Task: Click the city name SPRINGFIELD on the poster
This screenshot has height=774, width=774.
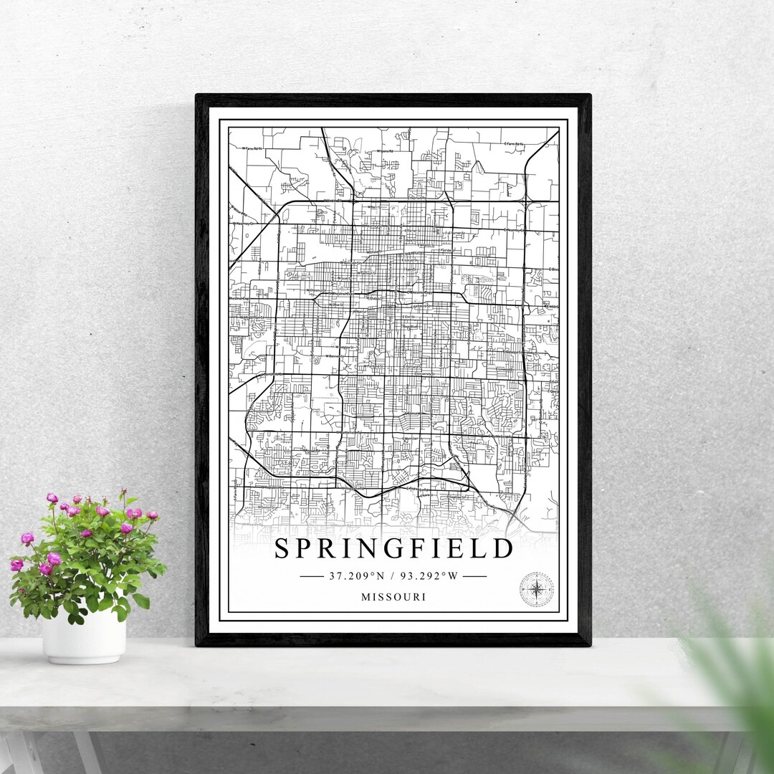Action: pos(393,549)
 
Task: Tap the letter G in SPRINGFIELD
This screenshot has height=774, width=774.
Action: pos(394,549)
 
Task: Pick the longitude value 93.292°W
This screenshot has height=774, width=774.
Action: pos(428,575)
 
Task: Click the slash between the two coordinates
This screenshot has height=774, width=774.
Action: pos(393,575)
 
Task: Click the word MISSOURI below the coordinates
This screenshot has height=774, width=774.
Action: pos(393,596)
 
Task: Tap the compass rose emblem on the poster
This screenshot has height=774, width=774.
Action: pos(536,589)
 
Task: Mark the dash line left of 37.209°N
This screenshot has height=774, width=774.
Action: pos(312,575)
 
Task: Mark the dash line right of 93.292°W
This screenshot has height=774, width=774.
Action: pos(474,575)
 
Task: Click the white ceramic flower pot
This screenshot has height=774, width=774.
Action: pos(84,636)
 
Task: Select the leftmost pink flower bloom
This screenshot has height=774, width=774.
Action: pos(16,565)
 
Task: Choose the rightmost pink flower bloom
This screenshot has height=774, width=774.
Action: pos(151,515)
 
